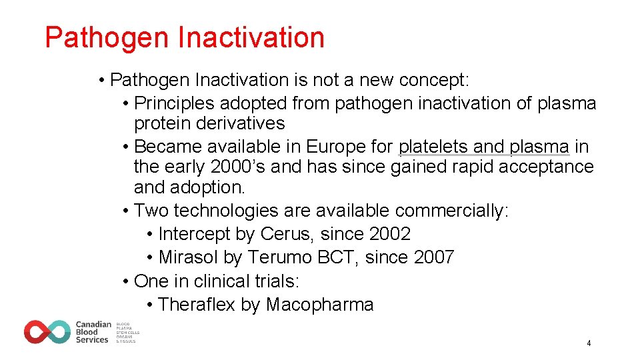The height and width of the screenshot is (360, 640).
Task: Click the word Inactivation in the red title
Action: tap(251, 38)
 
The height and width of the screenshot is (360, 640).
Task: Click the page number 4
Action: tap(589, 343)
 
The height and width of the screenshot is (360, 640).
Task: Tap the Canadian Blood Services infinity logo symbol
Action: tap(47, 331)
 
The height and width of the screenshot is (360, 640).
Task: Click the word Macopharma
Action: tap(319, 305)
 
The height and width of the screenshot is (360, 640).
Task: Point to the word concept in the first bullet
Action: tap(434, 81)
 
